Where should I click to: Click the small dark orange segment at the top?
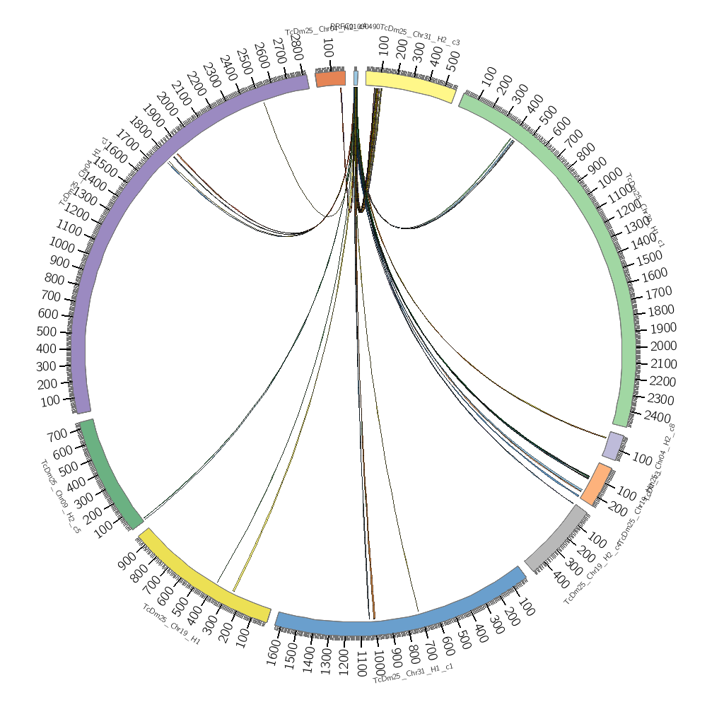click(330, 78)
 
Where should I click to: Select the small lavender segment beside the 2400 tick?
click(614, 445)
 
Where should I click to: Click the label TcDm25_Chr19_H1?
click(171, 624)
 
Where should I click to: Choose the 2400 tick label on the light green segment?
click(657, 416)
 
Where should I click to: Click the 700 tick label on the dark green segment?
click(57, 433)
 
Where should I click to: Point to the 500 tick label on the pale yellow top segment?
click(452, 60)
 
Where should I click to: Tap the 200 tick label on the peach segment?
click(617, 508)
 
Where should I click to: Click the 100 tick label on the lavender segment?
click(642, 460)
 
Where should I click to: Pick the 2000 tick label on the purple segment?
click(168, 101)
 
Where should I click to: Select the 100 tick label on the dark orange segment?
click(328, 48)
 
